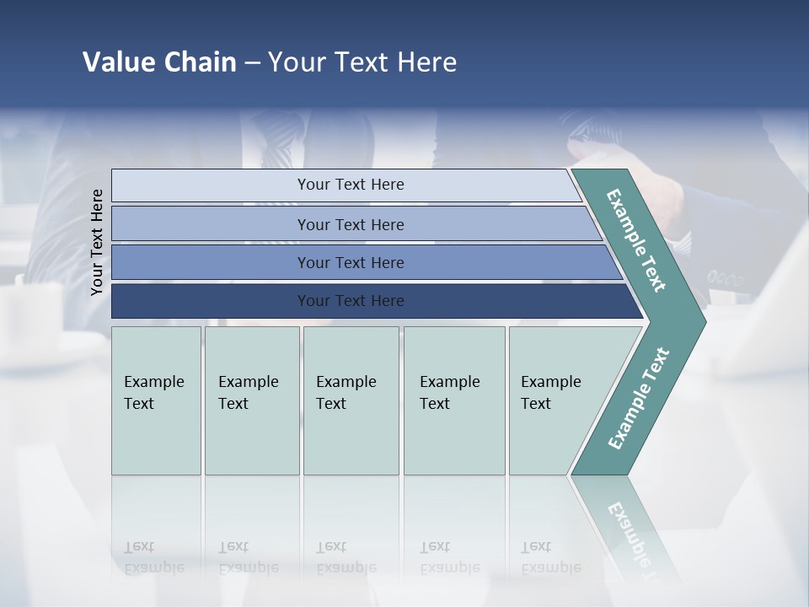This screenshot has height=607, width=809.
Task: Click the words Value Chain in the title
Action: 159,62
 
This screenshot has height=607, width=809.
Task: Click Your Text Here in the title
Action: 362,62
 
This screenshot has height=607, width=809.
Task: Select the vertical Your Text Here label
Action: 97,242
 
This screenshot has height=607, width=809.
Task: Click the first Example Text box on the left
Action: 156,400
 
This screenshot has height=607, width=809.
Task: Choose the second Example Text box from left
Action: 252,400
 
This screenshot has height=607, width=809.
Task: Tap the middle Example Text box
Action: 351,400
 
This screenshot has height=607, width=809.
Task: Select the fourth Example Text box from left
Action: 454,400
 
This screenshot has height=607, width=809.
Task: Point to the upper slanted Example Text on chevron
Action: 636,240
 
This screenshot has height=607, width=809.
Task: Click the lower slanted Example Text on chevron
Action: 639,398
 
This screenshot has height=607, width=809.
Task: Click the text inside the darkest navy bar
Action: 351,301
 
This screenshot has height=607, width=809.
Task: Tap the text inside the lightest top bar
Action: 351,185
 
